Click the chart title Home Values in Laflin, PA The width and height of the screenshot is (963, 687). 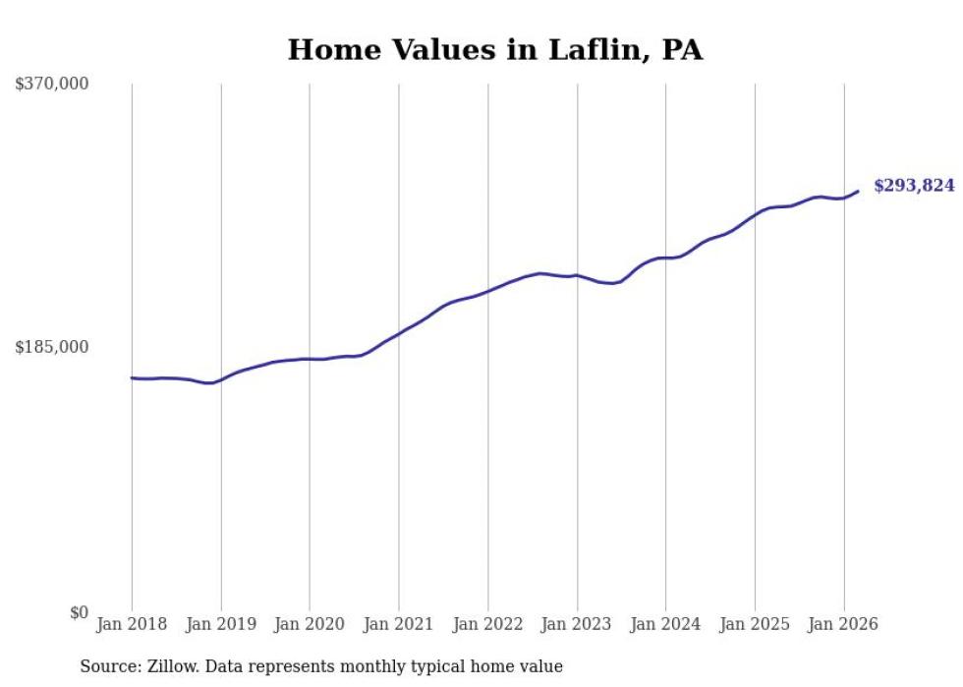[x=494, y=49]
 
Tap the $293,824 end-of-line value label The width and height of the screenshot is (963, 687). [x=913, y=185]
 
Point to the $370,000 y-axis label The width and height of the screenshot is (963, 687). [x=52, y=85]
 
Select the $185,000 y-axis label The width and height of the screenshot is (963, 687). [x=52, y=347]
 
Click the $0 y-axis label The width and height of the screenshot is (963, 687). [x=79, y=613]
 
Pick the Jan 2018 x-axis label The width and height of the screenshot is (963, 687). [x=132, y=624]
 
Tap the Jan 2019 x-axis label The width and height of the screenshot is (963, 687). [x=221, y=624]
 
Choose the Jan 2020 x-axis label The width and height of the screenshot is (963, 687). [x=310, y=624]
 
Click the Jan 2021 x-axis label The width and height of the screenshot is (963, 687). [x=399, y=624]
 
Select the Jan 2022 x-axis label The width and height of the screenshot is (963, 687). [x=487, y=624]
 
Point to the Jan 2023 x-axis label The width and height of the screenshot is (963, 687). [x=577, y=624]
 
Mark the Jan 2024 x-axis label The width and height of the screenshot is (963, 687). [x=665, y=624]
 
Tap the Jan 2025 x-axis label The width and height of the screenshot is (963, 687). [x=755, y=624]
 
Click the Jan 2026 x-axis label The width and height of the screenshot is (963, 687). [x=843, y=624]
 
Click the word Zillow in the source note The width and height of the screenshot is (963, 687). [x=170, y=667]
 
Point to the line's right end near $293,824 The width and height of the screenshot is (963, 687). [x=858, y=192]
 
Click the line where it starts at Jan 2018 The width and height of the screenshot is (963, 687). [x=133, y=377]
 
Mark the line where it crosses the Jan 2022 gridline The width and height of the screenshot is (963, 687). [x=487, y=291]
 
